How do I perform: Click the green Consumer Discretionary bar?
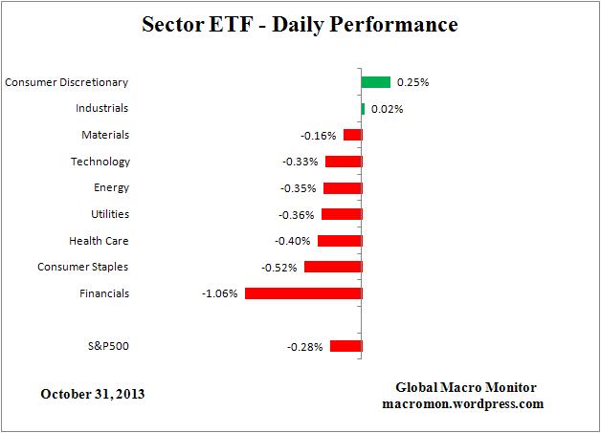[x=375, y=82]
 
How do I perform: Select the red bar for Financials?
[x=302, y=293]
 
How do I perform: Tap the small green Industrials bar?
[x=363, y=109]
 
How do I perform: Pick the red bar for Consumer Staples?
[x=332, y=267]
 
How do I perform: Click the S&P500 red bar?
[x=345, y=346]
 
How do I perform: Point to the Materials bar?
[x=351, y=136]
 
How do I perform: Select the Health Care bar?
[x=339, y=241]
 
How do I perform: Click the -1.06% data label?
[x=219, y=293]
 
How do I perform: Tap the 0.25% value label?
[x=413, y=83]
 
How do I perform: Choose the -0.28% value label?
[x=304, y=346]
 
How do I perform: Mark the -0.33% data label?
[x=300, y=162]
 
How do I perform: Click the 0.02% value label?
[x=387, y=109]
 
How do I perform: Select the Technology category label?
[x=100, y=162]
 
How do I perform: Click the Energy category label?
[x=111, y=188]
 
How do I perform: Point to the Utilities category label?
[x=107, y=214]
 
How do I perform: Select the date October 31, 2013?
[x=94, y=393]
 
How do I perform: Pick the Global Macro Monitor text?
[x=466, y=387]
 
